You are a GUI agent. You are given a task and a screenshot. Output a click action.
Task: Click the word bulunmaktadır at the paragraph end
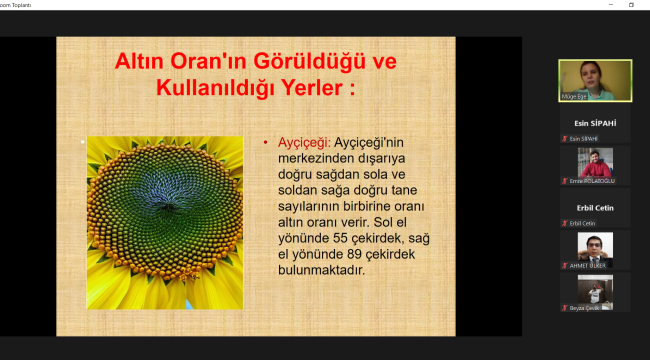click(x=322, y=269)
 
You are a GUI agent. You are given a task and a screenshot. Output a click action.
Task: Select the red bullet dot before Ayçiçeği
click(x=265, y=143)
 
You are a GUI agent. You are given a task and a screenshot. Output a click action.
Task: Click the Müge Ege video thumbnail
click(x=594, y=80)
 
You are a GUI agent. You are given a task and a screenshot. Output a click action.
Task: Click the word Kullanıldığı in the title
click(x=200, y=89)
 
